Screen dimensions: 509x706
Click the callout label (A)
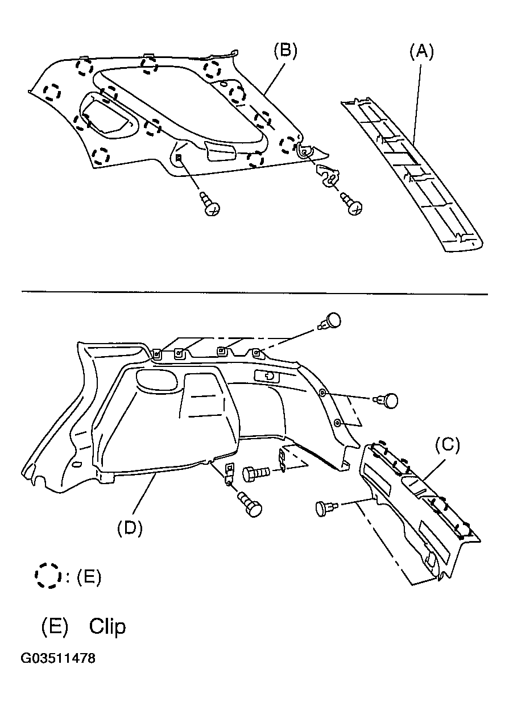point(421,52)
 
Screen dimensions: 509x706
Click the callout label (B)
point(285,51)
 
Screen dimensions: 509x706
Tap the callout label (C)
point(448,444)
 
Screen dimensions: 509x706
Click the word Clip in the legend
point(107,626)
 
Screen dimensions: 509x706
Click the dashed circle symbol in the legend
point(48,576)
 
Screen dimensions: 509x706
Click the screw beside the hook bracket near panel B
point(351,204)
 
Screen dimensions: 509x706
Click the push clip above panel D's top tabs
point(330,321)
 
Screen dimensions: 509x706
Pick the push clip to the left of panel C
point(326,509)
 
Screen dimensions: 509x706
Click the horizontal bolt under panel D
point(256,474)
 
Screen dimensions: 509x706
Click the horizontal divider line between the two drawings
point(255,293)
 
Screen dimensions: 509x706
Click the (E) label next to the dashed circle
point(89,577)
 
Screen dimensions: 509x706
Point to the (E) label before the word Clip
point(54,626)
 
